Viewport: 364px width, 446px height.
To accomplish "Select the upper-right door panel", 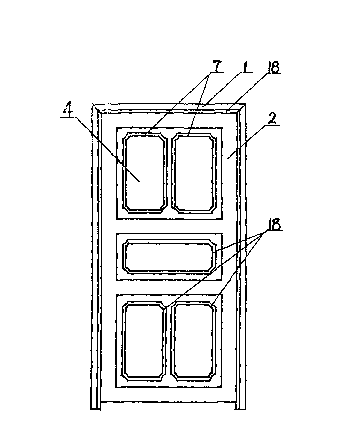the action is pyautogui.click(x=194, y=173).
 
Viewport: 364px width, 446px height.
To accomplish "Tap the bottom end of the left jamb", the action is pyautogui.click(x=96, y=409).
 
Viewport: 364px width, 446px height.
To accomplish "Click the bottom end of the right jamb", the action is pyautogui.click(x=240, y=409).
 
